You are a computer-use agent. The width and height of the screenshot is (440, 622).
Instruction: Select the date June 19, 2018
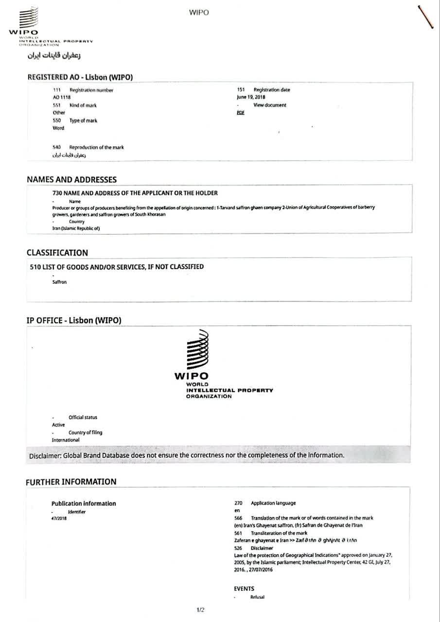(247, 97)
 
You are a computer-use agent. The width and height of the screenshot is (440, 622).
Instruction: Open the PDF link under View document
(240, 113)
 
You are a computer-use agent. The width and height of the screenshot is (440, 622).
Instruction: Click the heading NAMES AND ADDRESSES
(71, 180)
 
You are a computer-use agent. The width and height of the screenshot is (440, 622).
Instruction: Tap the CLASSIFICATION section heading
(57, 253)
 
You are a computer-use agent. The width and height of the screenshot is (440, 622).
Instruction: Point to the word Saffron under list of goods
(59, 282)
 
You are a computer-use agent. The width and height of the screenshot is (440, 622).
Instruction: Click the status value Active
(58, 425)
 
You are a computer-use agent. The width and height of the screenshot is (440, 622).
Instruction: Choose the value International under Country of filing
(66, 440)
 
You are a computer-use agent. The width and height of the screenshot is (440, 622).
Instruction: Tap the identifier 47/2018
(59, 518)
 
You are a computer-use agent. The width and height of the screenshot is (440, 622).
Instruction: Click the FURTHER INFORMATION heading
(71, 482)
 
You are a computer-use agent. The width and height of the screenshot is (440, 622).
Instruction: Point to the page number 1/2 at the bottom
(200, 610)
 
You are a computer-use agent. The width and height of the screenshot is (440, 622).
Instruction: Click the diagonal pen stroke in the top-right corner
(425, 17)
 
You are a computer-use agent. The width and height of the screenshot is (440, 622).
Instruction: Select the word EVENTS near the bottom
(244, 588)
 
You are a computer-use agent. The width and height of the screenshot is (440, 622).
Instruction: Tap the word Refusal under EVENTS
(257, 597)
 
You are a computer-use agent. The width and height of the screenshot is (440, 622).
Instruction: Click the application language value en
(236, 511)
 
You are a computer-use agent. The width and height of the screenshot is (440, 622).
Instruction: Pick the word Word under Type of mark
(58, 128)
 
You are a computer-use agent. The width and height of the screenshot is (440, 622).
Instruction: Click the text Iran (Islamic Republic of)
(76, 229)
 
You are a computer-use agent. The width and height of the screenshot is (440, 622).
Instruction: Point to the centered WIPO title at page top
(199, 13)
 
